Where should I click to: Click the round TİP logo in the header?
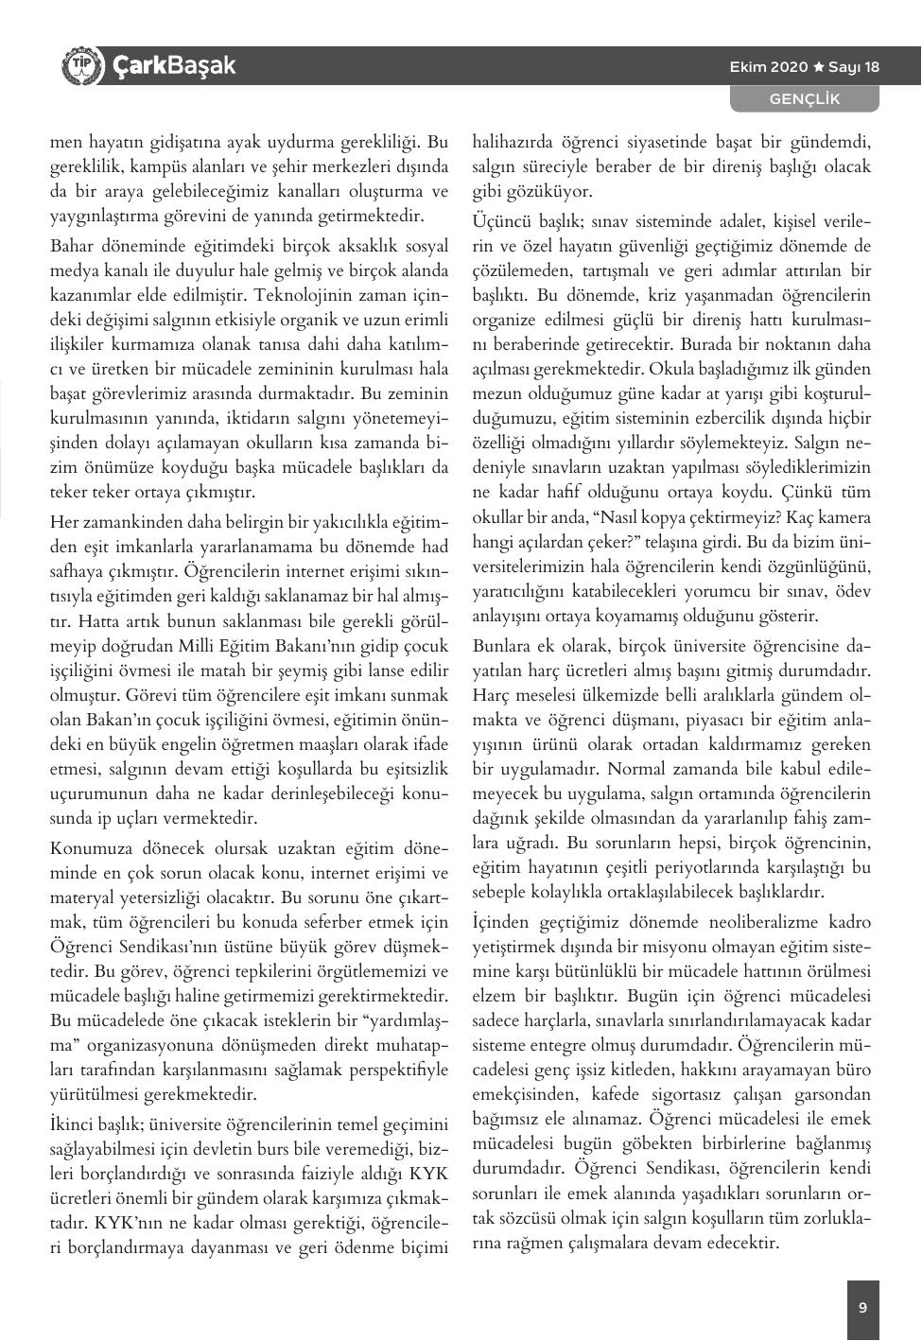[x=79, y=66]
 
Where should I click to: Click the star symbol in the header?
[x=819, y=67]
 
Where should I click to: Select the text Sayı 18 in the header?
[x=854, y=67]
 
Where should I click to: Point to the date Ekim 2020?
[x=769, y=67]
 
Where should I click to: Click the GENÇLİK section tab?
[x=804, y=99]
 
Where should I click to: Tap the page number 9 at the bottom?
[x=862, y=1309]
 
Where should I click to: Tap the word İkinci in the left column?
[x=73, y=1124]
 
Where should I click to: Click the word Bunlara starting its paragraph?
[x=503, y=646]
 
